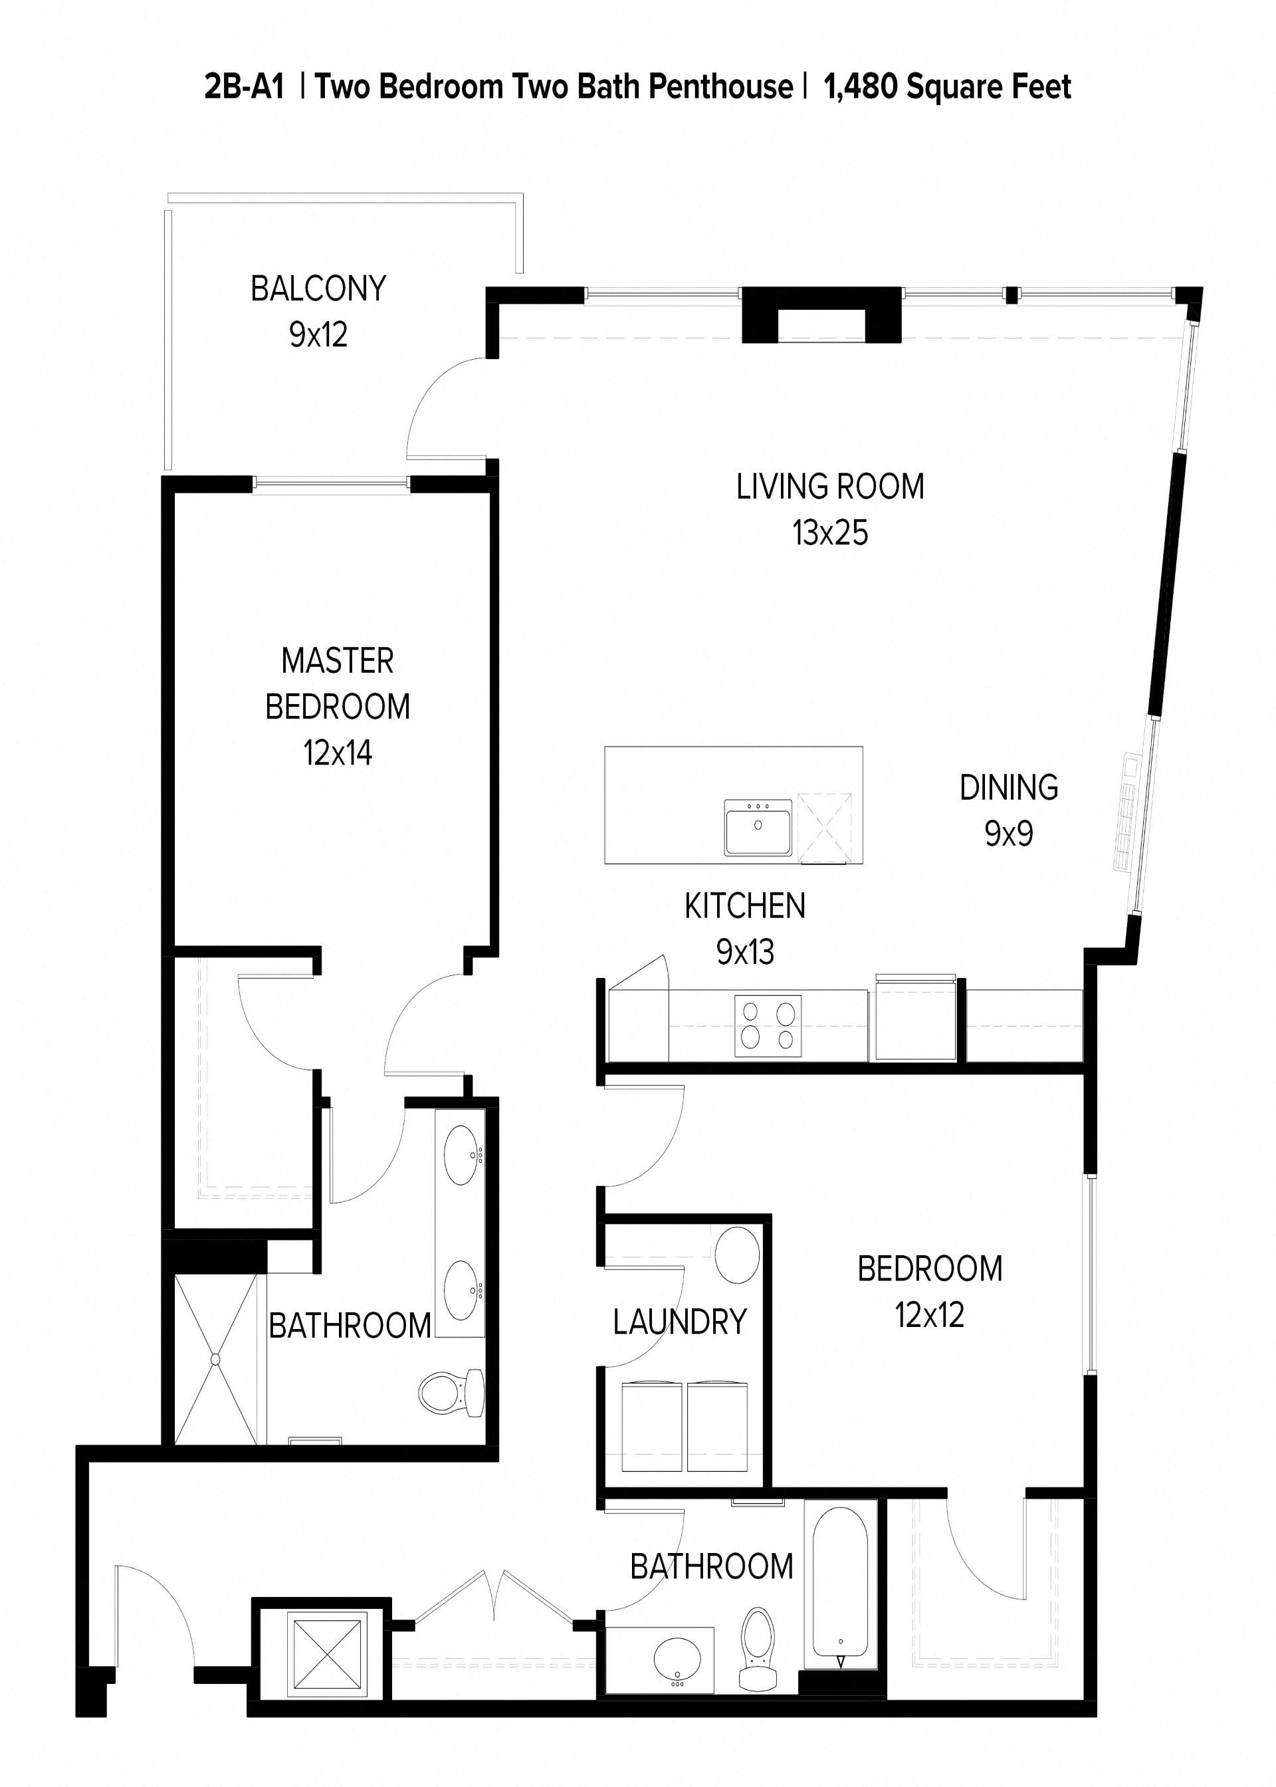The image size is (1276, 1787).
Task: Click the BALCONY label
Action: click(x=318, y=289)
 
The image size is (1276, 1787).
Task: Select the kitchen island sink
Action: click(x=758, y=828)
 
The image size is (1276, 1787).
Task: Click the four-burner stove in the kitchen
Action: click(x=768, y=1026)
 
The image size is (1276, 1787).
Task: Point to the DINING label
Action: click(x=1008, y=787)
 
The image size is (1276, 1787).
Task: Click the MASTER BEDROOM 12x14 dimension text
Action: click(x=337, y=753)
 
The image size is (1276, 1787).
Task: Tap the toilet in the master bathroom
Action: click(x=453, y=1393)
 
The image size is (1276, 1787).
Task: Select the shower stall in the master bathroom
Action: click(x=215, y=1360)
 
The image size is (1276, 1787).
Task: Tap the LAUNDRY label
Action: click(x=680, y=1322)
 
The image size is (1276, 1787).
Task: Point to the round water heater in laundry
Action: click(x=737, y=1255)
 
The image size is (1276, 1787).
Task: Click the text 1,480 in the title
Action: click(x=859, y=86)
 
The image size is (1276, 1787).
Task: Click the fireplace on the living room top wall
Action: click(x=821, y=314)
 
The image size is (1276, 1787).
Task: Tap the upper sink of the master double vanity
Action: click(x=461, y=1155)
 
